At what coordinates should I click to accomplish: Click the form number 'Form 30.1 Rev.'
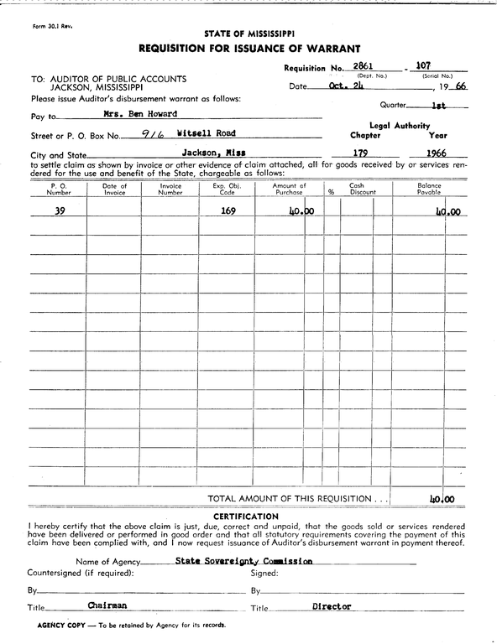pyautogui.click(x=52, y=27)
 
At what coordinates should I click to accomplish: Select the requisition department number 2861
pyautogui.click(x=364, y=65)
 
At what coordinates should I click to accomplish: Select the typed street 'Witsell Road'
pyautogui.click(x=207, y=133)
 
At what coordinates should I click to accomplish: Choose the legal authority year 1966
pyautogui.click(x=435, y=153)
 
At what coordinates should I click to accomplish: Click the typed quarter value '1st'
pyautogui.click(x=437, y=106)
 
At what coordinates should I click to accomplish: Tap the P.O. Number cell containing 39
pyautogui.click(x=60, y=211)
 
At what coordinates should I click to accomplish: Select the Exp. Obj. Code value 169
pyautogui.click(x=228, y=211)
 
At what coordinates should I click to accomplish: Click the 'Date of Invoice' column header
pyautogui.click(x=114, y=190)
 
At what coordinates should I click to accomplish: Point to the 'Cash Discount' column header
pyautogui.click(x=357, y=190)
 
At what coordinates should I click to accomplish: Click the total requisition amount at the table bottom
pyautogui.click(x=442, y=499)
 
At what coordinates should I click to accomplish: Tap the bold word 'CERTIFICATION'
pyautogui.click(x=247, y=517)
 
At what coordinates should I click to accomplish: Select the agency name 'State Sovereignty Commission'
pyautogui.click(x=244, y=561)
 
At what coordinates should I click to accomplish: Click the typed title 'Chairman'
pyautogui.click(x=107, y=605)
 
